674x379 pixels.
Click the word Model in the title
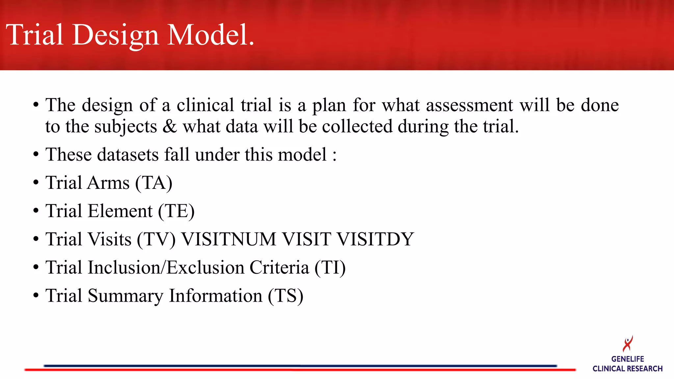[x=211, y=35]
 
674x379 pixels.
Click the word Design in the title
[x=116, y=36]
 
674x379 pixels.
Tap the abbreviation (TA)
[x=154, y=183]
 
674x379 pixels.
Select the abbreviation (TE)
[x=176, y=211]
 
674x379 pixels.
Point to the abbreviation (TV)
[x=156, y=239]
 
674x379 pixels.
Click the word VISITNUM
[x=229, y=239]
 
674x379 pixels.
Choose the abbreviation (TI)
[x=330, y=267]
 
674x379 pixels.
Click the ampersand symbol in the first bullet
[x=170, y=127]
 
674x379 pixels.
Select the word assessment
[x=469, y=105]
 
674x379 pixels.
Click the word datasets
[x=128, y=155]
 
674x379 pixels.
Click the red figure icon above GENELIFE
[x=628, y=344]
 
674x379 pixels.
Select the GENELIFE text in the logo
[x=628, y=359]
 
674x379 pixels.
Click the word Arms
[x=109, y=183]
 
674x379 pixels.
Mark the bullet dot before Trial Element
[x=36, y=211]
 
